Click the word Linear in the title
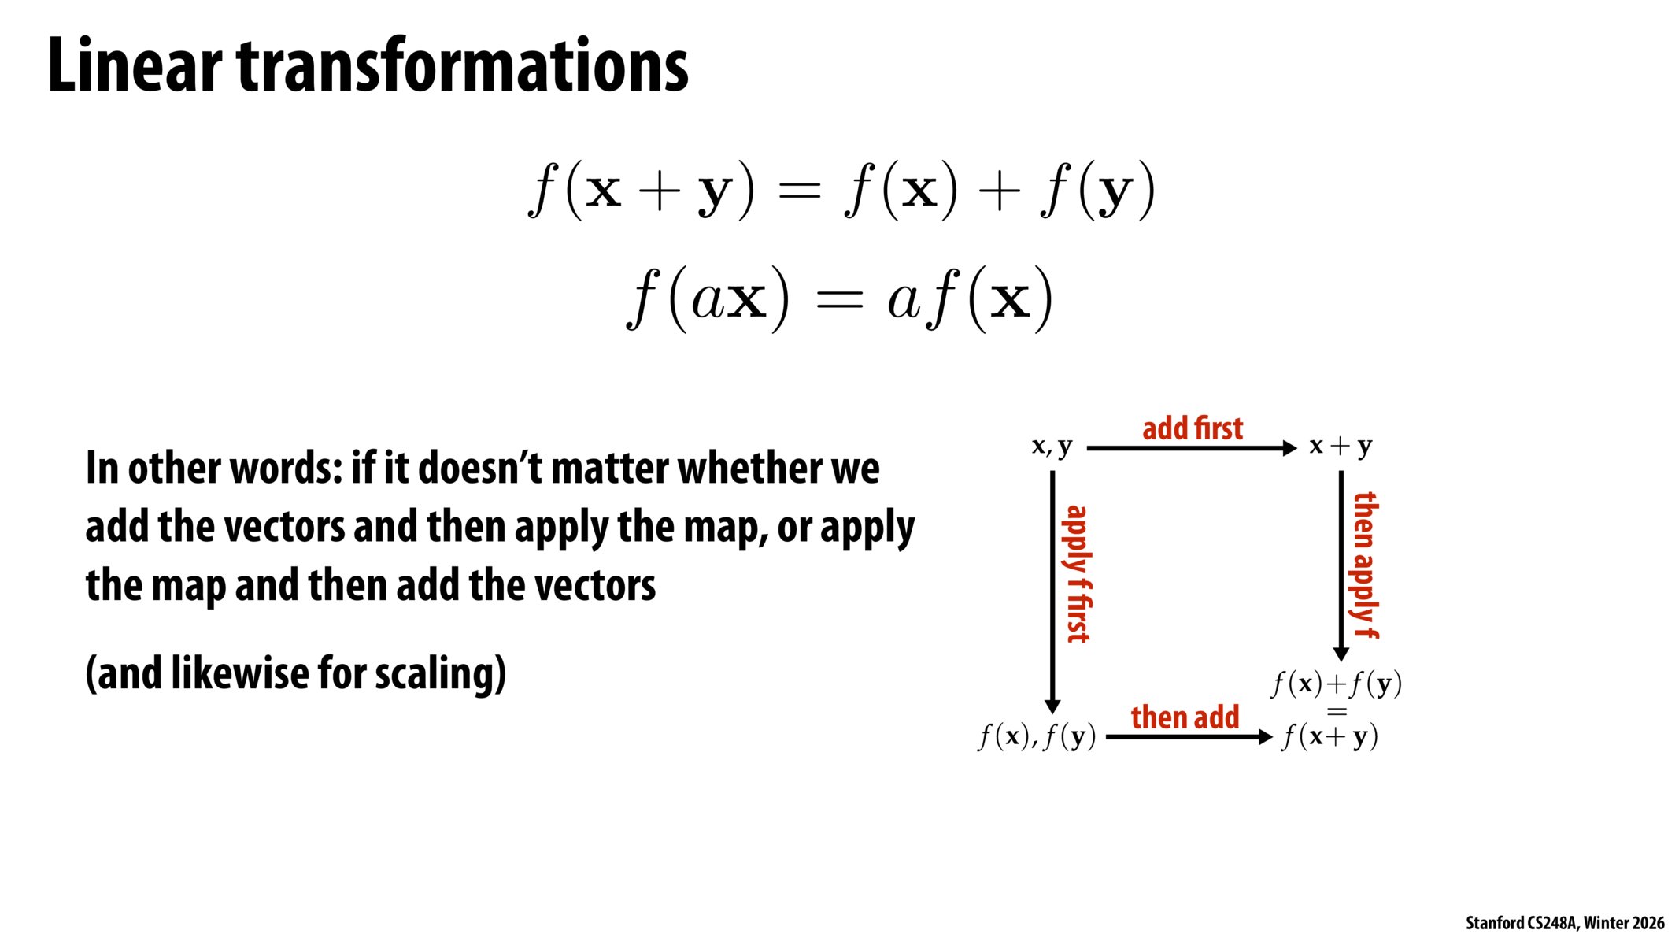pos(134,66)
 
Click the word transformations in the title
pos(463,66)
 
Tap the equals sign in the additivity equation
pos(798,191)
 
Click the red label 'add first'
pos(1192,428)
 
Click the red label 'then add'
pos(1185,717)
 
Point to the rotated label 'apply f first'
pos(1078,574)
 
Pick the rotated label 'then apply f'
pos(1366,565)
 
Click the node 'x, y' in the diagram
pos(1052,447)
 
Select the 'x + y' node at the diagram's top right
pos(1341,447)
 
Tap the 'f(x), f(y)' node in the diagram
pos(1037,737)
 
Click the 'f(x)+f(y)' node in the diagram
pos(1337,684)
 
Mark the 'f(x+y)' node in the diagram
pos(1330,737)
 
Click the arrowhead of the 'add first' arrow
pos(1289,448)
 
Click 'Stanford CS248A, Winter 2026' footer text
pos(1564,923)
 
